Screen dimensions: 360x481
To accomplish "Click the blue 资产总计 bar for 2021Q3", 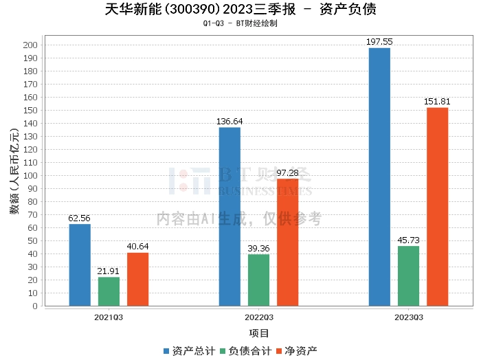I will pyautogui.click(x=80, y=265).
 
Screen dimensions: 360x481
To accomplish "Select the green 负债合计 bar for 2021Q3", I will pyautogui.click(x=109, y=291).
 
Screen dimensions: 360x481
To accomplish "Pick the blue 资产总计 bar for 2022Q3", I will pyautogui.click(x=230, y=216).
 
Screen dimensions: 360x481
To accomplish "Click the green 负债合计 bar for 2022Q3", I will pyautogui.click(x=258, y=280).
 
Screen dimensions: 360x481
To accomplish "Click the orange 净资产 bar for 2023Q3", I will pyautogui.click(x=437, y=207).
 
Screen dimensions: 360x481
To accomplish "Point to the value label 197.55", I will pyautogui.click(x=379, y=42).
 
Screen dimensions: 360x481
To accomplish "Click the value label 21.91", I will pyautogui.click(x=109, y=271).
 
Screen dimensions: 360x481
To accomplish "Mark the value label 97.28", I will pyautogui.click(x=287, y=173).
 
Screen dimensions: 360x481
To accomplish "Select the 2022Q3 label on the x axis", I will pyautogui.click(x=258, y=317).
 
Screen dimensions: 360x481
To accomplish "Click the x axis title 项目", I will pyautogui.click(x=258, y=334).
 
